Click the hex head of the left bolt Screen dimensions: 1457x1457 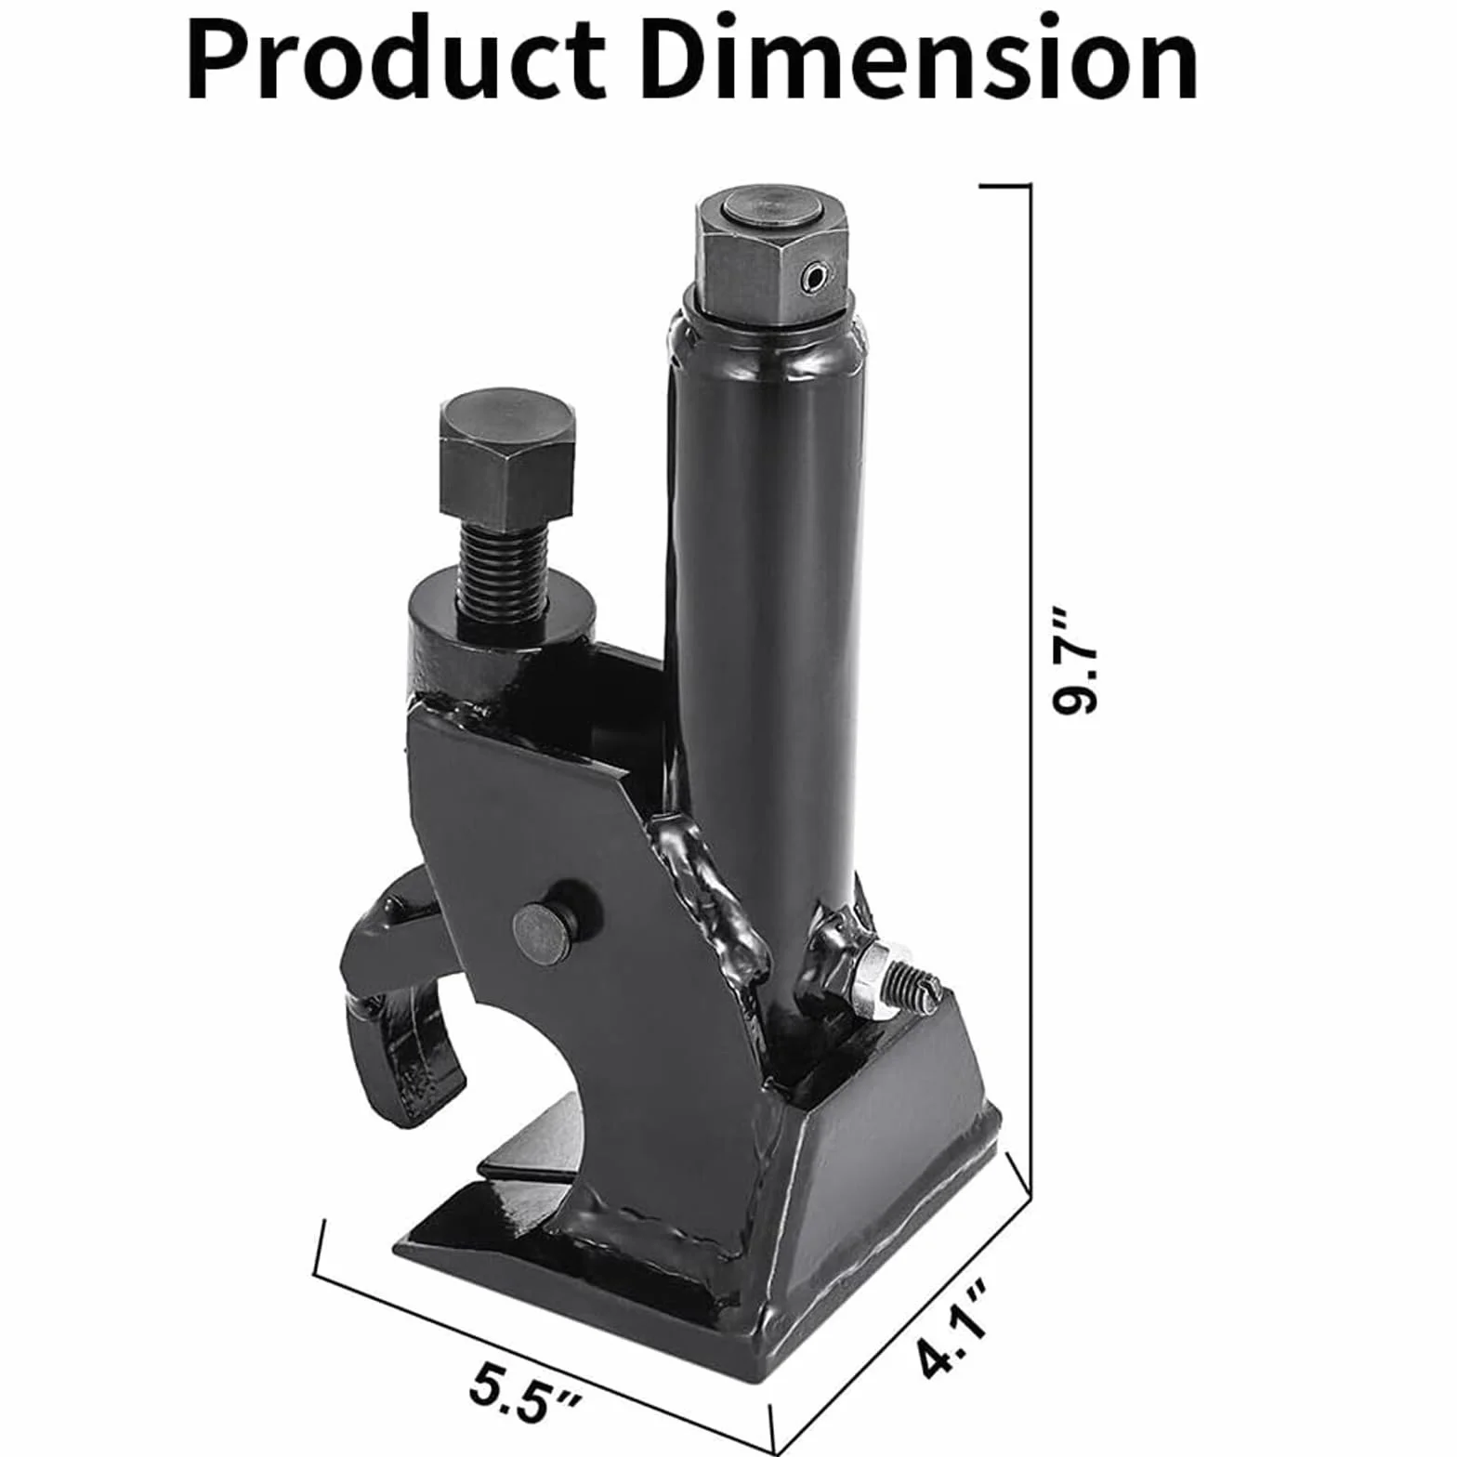click(x=508, y=456)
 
